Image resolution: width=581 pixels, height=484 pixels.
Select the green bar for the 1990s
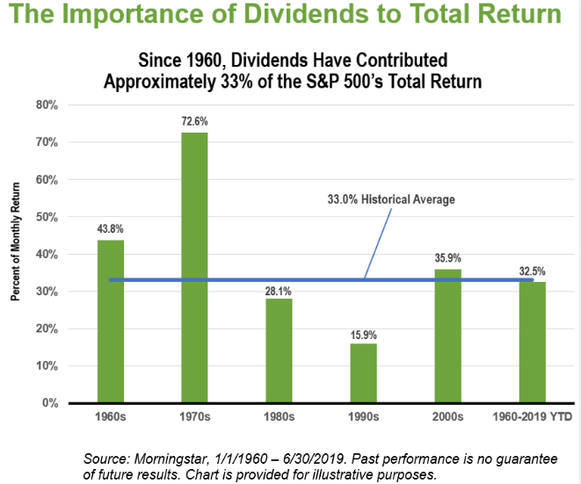(x=365, y=373)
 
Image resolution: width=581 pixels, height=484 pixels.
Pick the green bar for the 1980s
(x=280, y=350)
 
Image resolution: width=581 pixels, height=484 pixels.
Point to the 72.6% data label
(x=195, y=121)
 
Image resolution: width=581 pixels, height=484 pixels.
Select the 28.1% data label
(x=280, y=287)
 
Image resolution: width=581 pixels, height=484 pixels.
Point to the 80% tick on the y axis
(x=46, y=105)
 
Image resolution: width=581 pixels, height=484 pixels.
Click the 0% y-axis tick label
(x=49, y=403)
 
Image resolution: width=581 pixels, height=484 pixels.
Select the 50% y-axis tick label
(x=46, y=217)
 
